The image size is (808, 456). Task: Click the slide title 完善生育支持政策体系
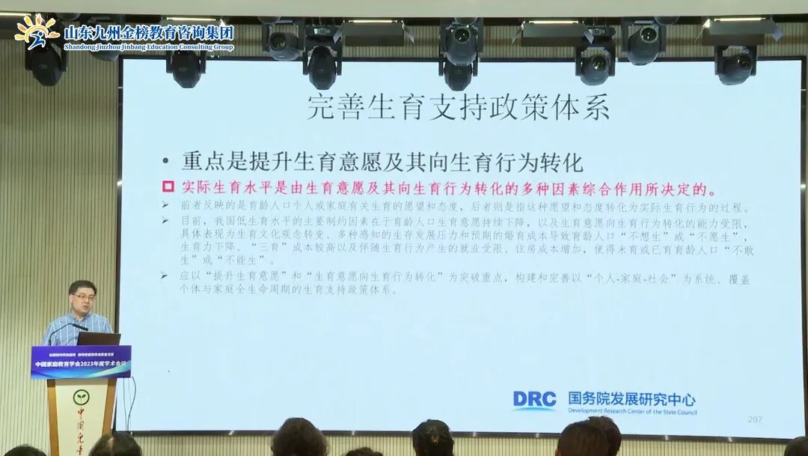point(458,107)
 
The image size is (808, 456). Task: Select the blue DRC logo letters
point(534,399)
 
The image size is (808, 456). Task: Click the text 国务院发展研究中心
point(631,398)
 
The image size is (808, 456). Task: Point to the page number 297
point(754,419)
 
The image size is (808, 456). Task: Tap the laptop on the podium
point(98,338)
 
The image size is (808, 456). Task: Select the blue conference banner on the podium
point(81,361)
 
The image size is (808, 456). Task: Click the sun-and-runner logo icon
point(36,32)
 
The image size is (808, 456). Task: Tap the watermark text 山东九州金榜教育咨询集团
point(149,32)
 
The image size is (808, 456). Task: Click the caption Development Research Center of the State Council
point(631,412)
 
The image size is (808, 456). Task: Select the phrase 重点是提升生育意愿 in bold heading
point(277,162)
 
